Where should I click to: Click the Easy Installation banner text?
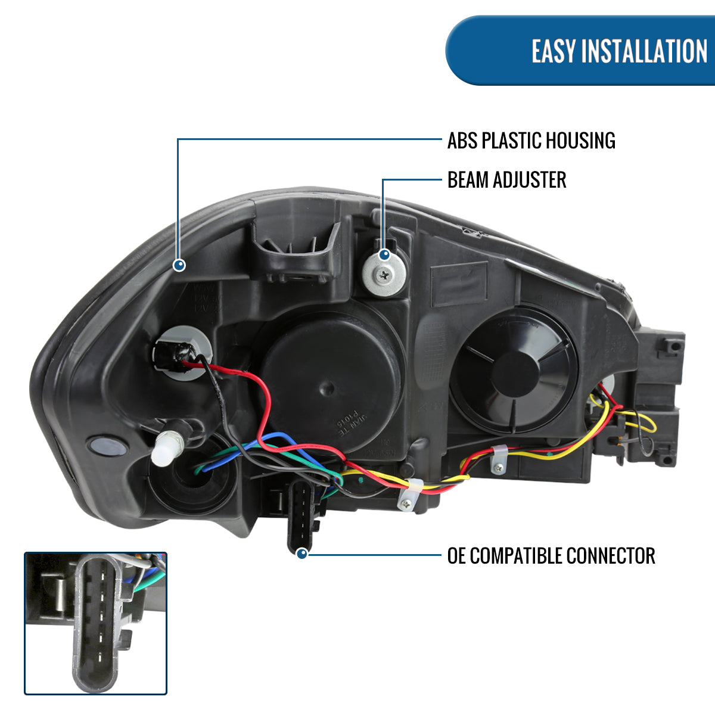tap(619, 51)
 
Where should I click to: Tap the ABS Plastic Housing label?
tap(531, 141)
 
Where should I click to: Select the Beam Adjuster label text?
tap(506, 180)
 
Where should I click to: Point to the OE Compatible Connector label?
tap(551, 556)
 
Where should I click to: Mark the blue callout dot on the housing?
tap(179, 265)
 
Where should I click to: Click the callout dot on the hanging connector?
tap(302, 554)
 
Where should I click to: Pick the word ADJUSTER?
tap(530, 180)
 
